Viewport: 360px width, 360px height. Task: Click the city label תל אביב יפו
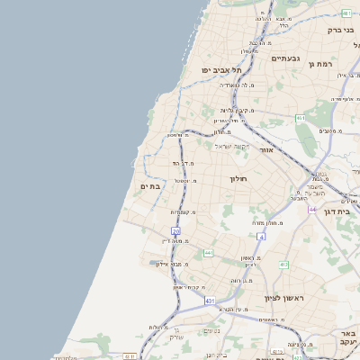(x=222, y=70)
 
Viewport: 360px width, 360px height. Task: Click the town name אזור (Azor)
(x=265, y=149)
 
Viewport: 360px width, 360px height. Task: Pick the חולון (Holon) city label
(x=238, y=179)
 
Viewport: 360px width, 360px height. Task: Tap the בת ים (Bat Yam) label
(x=150, y=185)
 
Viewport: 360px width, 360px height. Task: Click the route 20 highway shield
(x=175, y=231)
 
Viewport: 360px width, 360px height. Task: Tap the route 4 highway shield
(x=261, y=237)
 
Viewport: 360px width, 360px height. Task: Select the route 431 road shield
(x=210, y=301)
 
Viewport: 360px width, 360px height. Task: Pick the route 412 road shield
(x=283, y=265)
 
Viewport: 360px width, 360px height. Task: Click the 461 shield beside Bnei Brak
(x=346, y=13)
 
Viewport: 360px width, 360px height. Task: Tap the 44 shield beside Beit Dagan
(x=311, y=209)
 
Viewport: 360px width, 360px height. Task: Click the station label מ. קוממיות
(x=184, y=212)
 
